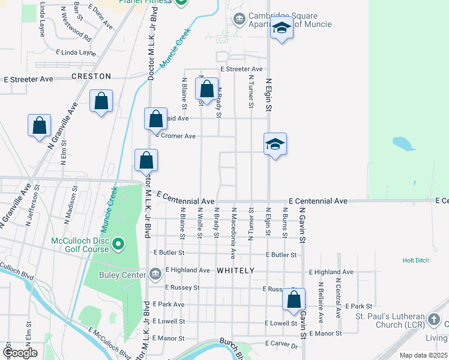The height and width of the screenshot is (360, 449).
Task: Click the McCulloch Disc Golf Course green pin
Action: [119, 244]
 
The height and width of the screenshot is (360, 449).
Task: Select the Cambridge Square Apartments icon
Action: [240, 20]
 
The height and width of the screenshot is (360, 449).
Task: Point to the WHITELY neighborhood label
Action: [235, 271]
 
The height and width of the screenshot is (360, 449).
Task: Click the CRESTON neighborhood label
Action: [91, 76]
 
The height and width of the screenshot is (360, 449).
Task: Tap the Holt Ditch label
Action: [416, 260]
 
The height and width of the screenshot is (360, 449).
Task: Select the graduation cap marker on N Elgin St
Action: [275, 144]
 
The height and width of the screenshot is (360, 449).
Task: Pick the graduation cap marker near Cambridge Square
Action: [282, 28]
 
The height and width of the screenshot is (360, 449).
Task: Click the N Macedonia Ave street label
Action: [234, 229]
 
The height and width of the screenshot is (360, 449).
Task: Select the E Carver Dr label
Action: [282, 346]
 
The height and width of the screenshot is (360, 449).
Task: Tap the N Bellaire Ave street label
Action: [321, 300]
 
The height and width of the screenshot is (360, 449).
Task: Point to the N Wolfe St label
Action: [199, 221]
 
